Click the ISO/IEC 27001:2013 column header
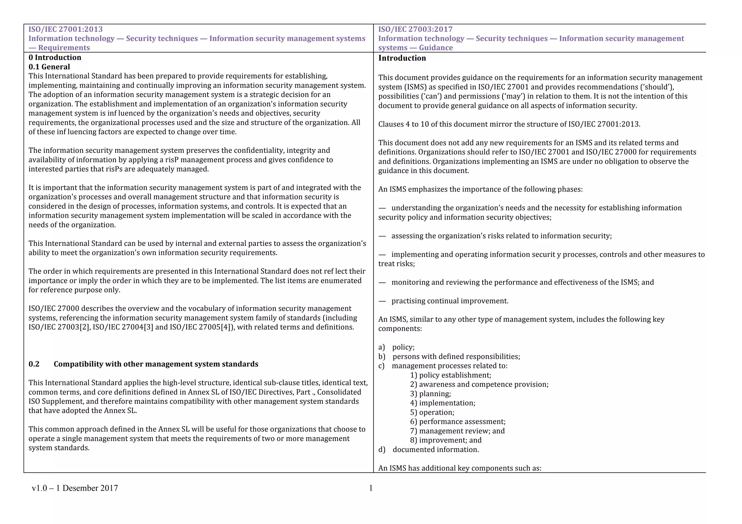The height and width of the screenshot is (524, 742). (x=66, y=29)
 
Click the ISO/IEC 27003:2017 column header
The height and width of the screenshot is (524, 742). (x=415, y=29)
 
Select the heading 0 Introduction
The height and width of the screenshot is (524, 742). (x=55, y=58)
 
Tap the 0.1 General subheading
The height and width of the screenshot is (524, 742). (x=49, y=67)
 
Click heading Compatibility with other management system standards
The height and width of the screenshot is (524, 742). (x=156, y=364)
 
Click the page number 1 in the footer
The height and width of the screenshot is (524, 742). (x=371, y=488)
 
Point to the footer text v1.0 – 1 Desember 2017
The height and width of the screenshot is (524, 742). (x=75, y=488)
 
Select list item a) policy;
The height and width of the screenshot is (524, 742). (x=396, y=347)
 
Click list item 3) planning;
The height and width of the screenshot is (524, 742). (x=430, y=394)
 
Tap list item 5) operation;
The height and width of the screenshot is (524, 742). (x=432, y=412)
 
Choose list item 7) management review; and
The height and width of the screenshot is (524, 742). (x=457, y=431)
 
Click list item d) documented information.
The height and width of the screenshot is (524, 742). (x=429, y=450)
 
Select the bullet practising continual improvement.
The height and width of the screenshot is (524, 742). (x=450, y=301)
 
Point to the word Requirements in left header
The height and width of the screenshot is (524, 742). (x=64, y=48)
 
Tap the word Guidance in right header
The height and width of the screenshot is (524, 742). (x=436, y=48)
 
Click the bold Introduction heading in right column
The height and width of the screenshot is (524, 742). (x=402, y=58)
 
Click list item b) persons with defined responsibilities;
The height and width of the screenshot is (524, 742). (x=449, y=357)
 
